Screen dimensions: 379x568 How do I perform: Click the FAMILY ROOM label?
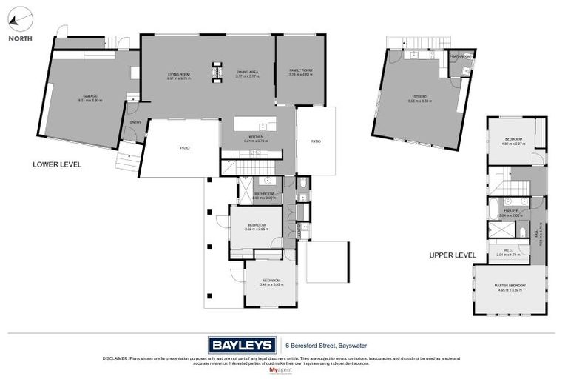[x=300, y=72]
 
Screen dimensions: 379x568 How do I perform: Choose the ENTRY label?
[x=135, y=123]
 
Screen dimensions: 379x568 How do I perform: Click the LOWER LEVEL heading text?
[x=57, y=164]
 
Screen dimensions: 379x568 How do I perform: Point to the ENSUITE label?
[x=510, y=212]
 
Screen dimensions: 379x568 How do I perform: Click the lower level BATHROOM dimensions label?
[x=264, y=198]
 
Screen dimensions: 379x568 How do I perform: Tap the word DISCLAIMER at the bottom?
[x=115, y=358]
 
